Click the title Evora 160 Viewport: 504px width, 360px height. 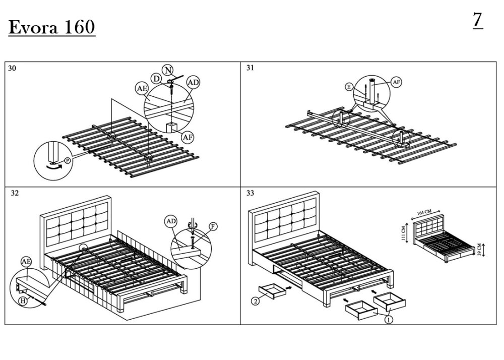51,27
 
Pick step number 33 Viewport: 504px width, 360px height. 250,193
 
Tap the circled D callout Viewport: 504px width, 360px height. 157,79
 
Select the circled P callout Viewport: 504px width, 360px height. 67,161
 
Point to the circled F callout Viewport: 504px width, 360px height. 213,226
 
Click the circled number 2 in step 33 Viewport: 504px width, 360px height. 256,302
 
